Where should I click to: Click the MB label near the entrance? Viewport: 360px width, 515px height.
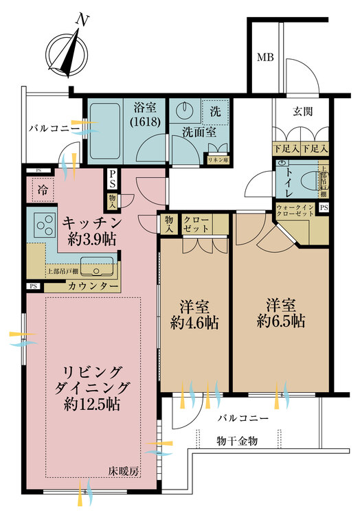265,58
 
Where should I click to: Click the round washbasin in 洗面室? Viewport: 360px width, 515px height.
185,111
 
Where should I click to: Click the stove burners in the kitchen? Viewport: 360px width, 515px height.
45,225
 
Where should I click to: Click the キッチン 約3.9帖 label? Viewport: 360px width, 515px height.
93,230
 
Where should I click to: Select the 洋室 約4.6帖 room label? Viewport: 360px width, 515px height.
194,314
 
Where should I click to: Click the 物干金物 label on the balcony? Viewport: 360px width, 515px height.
236,442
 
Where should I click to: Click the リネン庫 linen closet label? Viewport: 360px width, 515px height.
218,159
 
